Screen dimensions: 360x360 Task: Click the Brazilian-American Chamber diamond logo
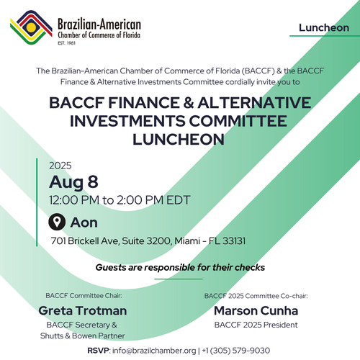[31, 27]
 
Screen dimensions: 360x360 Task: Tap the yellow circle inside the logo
[31, 27]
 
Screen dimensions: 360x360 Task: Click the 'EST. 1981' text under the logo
[66, 43]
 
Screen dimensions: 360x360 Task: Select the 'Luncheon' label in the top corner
[324, 28]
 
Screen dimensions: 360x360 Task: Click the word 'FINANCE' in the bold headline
[144, 103]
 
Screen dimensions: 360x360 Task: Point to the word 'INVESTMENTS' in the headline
[127, 121]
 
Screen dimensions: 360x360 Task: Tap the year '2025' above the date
[60, 166]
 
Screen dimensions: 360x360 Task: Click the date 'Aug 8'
[73, 182]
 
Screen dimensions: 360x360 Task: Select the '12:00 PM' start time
[74, 200]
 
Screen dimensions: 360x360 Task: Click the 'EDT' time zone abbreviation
[179, 200]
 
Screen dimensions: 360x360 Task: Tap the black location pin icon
[57, 222]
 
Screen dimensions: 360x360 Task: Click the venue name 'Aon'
[84, 222]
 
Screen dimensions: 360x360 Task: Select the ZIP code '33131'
[234, 240]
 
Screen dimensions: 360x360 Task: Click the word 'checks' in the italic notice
[250, 267]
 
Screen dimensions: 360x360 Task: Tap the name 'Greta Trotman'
[83, 310]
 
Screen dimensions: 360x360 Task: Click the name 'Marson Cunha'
[256, 310]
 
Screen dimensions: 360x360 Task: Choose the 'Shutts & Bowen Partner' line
[83, 336]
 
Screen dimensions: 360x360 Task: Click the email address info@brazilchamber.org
[154, 351]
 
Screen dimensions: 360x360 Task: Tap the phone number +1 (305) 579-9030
[236, 351]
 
